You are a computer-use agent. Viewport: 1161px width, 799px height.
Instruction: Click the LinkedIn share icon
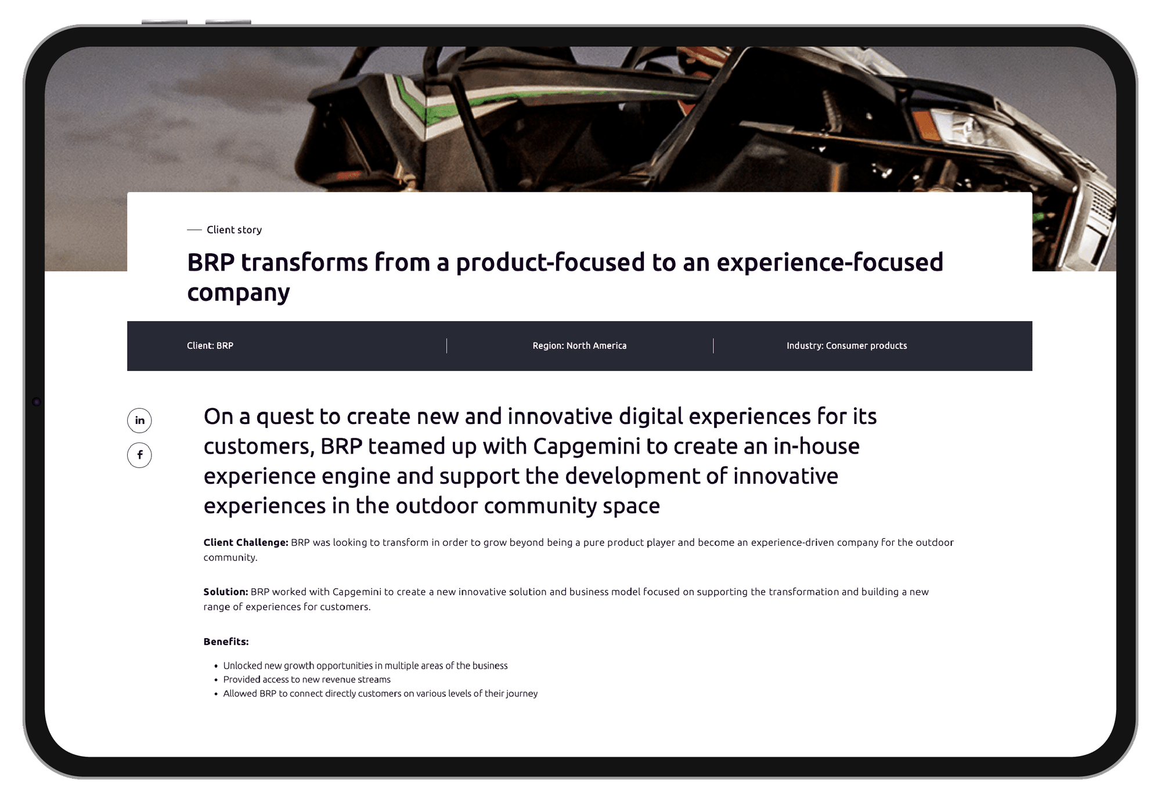139,420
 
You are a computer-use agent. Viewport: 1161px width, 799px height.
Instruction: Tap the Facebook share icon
139,455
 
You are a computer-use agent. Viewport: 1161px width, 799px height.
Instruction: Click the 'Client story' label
234,230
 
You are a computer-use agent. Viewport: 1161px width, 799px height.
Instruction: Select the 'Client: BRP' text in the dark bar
210,345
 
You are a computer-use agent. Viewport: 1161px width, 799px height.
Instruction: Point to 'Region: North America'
579,345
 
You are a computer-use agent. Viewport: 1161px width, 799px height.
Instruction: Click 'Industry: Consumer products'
846,345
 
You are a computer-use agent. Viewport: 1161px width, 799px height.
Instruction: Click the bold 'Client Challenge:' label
246,542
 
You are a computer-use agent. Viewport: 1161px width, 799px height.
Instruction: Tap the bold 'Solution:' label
226,592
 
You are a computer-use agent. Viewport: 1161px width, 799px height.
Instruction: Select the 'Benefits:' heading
226,642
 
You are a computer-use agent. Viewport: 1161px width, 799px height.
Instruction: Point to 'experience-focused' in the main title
830,262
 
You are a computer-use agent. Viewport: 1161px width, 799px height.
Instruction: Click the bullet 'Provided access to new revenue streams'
307,679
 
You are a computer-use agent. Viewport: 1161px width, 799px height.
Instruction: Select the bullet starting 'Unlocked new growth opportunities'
365,665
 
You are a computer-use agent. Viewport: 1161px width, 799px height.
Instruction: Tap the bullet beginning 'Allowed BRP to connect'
380,693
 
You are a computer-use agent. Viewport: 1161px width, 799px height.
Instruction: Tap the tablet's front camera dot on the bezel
36,402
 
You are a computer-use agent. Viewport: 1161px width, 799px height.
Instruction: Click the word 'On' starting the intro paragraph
218,417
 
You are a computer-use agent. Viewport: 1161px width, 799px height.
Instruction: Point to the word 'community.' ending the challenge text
230,557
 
